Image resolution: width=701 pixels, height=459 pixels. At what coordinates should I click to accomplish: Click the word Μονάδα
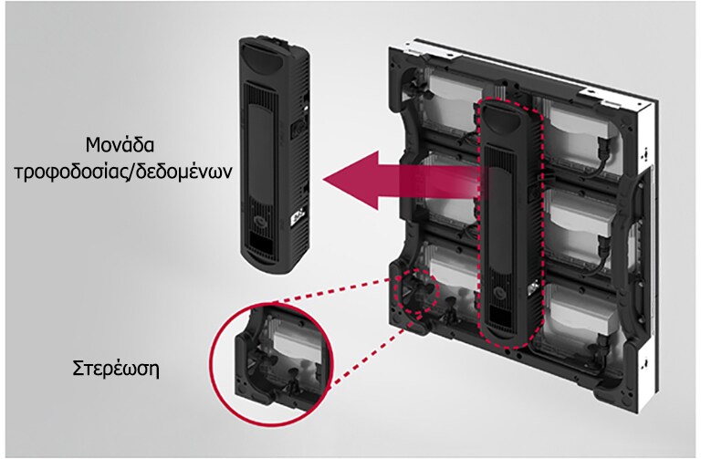pyautogui.click(x=120, y=145)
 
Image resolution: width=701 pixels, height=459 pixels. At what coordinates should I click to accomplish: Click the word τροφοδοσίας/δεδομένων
pyautogui.click(x=123, y=172)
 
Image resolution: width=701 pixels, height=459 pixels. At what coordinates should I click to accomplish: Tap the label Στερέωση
pyautogui.click(x=116, y=370)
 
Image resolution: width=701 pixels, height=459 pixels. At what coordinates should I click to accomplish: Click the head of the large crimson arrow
pyautogui.click(x=350, y=180)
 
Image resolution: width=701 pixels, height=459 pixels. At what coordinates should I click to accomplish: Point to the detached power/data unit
pyautogui.click(x=274, y=155)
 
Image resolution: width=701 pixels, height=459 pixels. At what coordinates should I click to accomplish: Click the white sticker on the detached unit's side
pyautogui.click(x=298, y=218)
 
